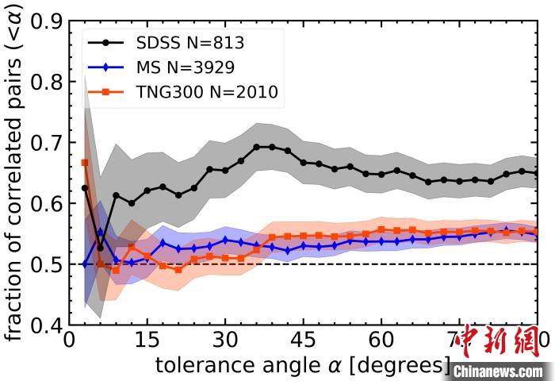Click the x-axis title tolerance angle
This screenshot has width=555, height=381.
click(x=302, y=366)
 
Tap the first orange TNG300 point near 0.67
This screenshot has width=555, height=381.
click(x=85, y=163)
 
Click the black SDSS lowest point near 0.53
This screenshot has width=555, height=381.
click(x=100, y=248)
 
